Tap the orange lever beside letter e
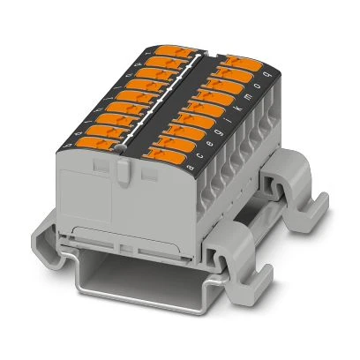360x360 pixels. tap(191, 133)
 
